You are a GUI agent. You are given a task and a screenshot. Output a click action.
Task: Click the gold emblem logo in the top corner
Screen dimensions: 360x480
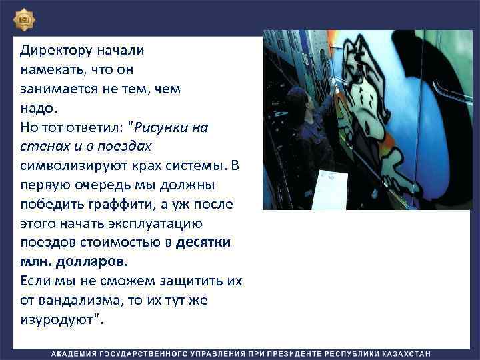25,21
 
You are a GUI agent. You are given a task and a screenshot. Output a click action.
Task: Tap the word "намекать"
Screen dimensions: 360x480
53,69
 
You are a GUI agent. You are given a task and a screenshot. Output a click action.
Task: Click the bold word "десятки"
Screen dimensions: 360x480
203,243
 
